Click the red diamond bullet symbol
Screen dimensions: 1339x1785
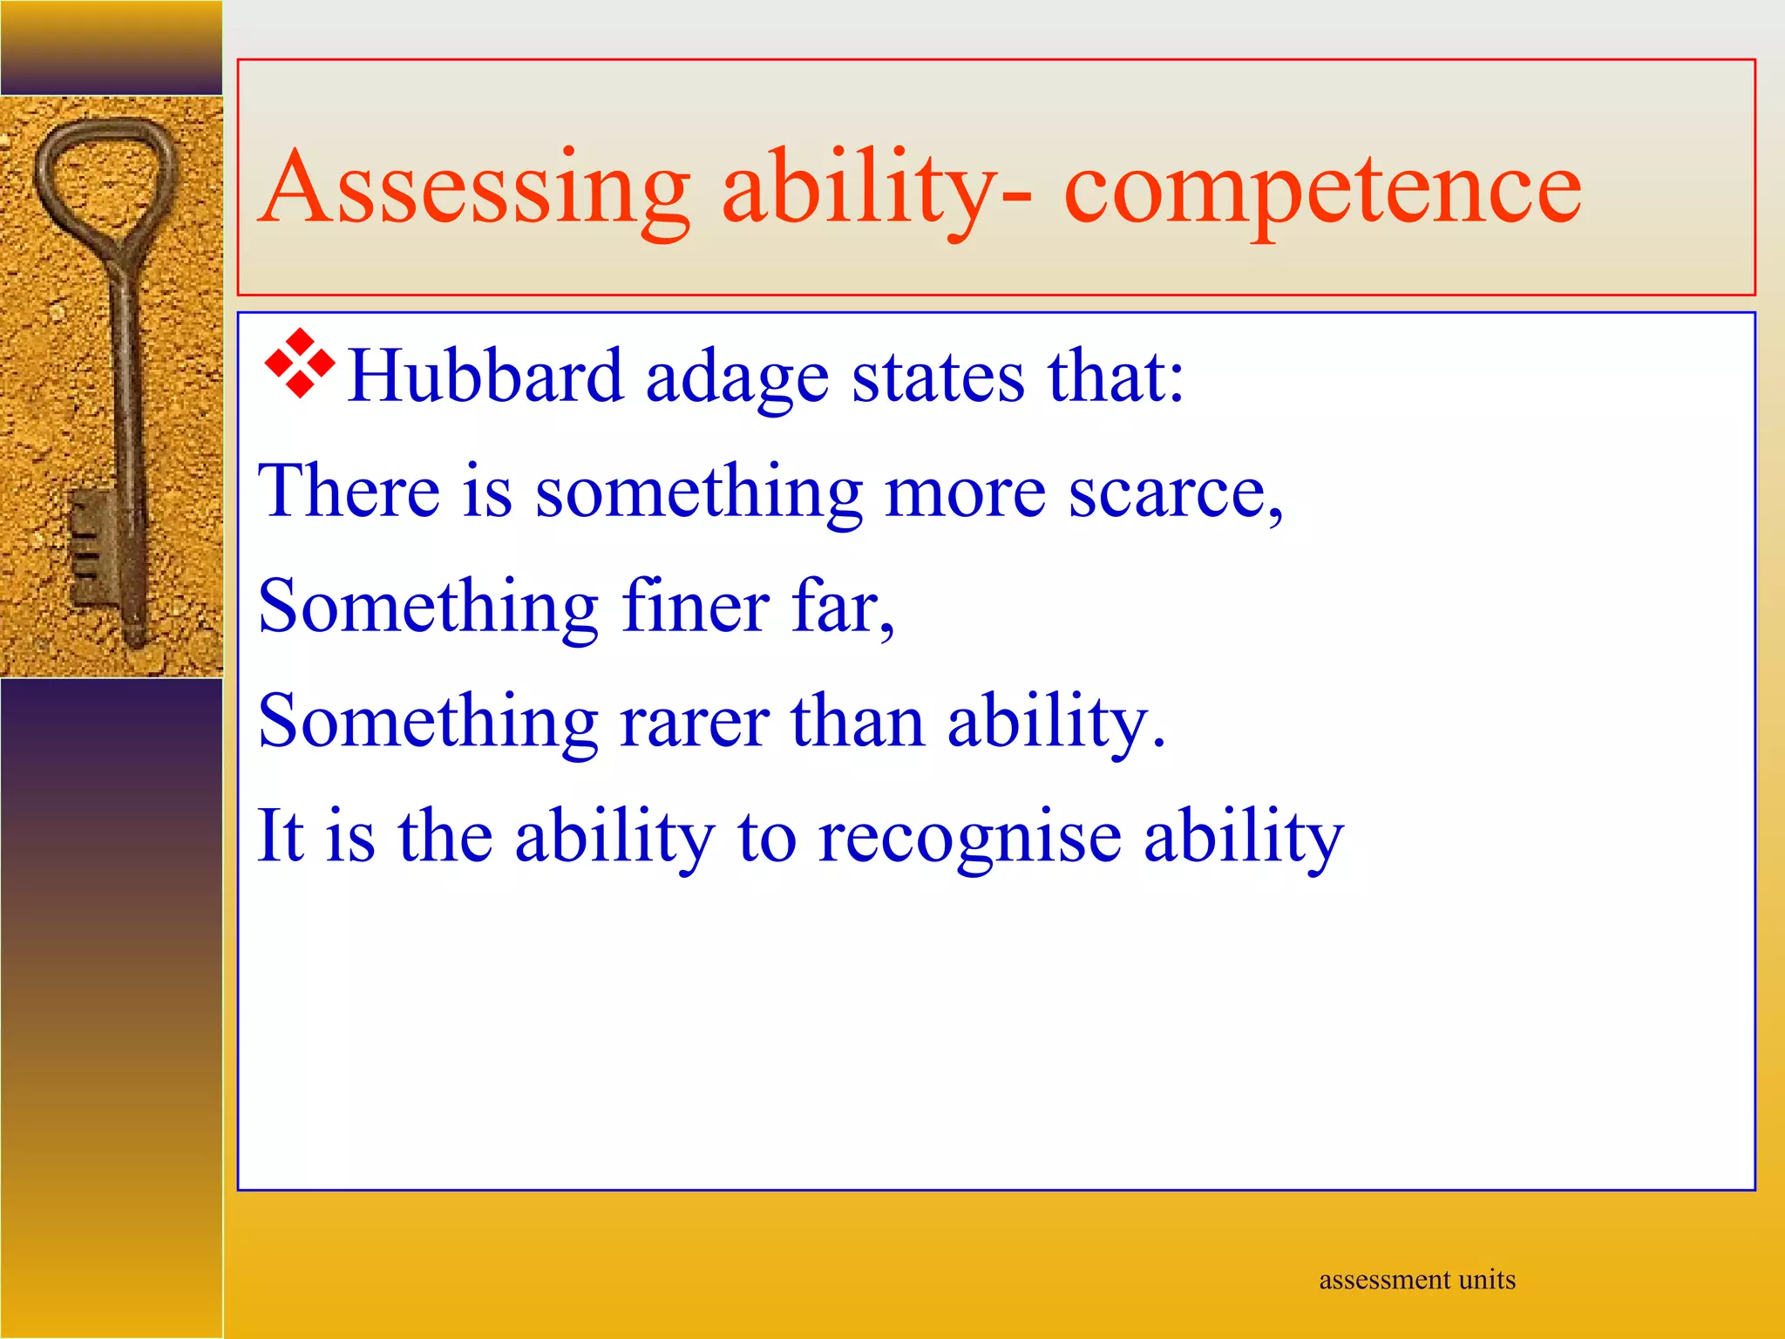pyautogui.click(x=300, y=364)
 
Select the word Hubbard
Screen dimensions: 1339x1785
pyautogui.click(x=485, y=377)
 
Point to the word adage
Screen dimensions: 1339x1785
pyautogui.click(x=736, y=378)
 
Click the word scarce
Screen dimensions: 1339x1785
pyautogui.click(x=1172, y=493)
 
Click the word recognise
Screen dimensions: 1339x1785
pyautogui.click(x=969, y=837)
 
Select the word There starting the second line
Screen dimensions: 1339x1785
pyautogui.click(x=349, y=491)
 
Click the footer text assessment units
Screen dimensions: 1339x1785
pyautogui.click(x=1417, y=1280)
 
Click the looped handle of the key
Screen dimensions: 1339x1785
pyautogui.click(x=105, y=174)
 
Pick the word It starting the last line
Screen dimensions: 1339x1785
pyautogui.click(x=281, y=835)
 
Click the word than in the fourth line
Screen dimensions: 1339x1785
pyautogui.click(x=857, y=722)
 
